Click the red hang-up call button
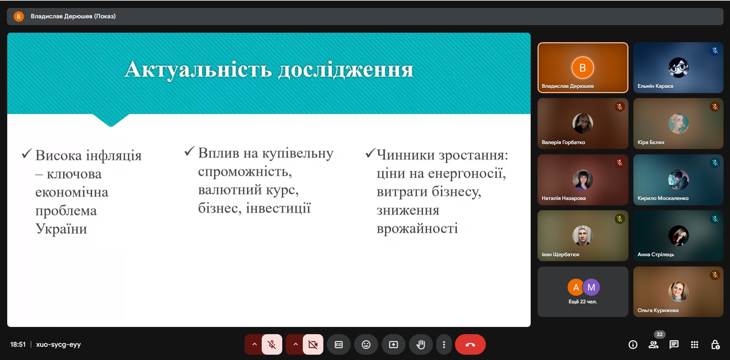pos(470,344)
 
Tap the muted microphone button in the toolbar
pos(272,344)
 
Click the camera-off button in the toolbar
pos(313,344)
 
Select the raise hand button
pos(421,344)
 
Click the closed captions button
pos(339,344)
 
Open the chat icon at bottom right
pos(674,344)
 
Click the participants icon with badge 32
pos(654,344)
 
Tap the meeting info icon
pos(633,344)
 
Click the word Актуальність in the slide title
pos(198,69)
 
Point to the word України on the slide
pos(61,228)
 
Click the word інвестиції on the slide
pos(278,208)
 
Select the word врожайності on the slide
pos(417,228)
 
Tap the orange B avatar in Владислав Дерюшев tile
pos(582,68)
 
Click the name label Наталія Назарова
pos(564,198)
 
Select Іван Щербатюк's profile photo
pos(582,236)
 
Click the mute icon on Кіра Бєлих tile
pos(715,107)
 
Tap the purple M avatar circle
pos(591,287)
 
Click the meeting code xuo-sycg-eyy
pos(59,344)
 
